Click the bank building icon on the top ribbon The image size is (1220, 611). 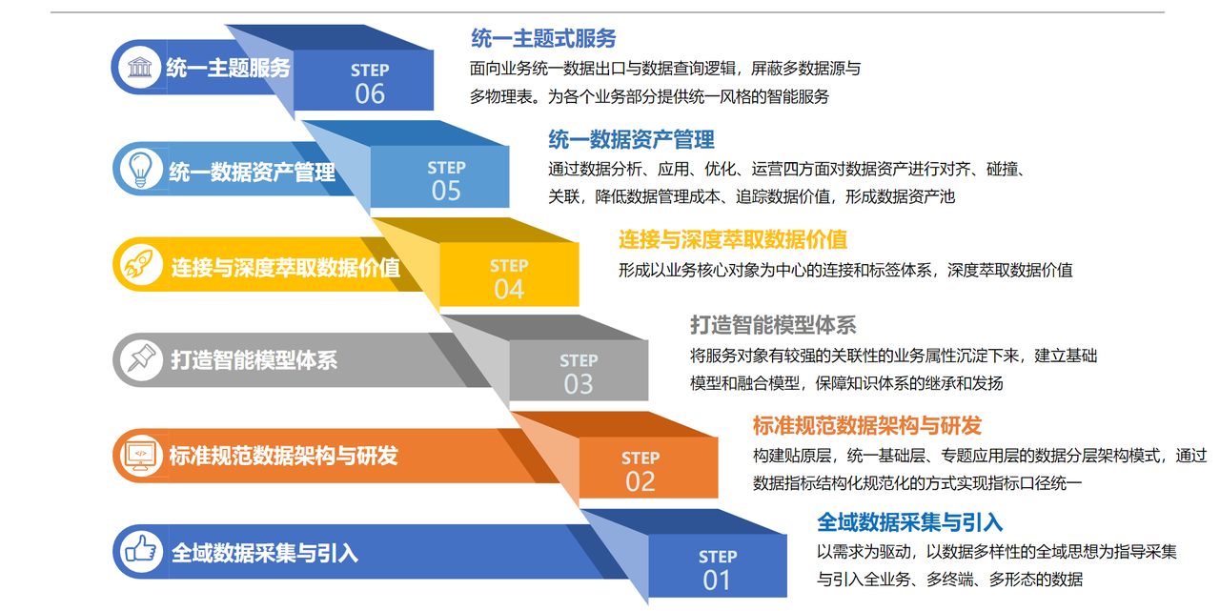(139, 68)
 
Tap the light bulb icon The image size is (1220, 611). (140, 169)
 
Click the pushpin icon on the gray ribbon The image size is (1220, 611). (141, 358)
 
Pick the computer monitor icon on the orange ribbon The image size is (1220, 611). (140, 455)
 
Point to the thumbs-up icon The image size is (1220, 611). (140, 550)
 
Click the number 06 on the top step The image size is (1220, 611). (370, 93)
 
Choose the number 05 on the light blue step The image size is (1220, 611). (446, 191)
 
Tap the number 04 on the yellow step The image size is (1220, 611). (509, 289)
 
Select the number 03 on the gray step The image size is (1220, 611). (579, 384)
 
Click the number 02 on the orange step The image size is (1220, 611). (640, 481)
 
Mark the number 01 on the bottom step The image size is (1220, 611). (717, 580)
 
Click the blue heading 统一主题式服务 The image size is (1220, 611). (543, 39)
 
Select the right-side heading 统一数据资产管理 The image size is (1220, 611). (631, 140)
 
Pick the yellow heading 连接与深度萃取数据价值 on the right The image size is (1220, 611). (733, 239)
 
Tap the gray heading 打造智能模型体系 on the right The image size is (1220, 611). (773, 325)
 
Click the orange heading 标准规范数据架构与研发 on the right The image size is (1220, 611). (867, 425)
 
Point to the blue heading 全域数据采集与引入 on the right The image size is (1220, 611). (909, 522)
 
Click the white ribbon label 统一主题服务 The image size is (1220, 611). (228, 68)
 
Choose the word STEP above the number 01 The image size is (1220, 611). (718, 557)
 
